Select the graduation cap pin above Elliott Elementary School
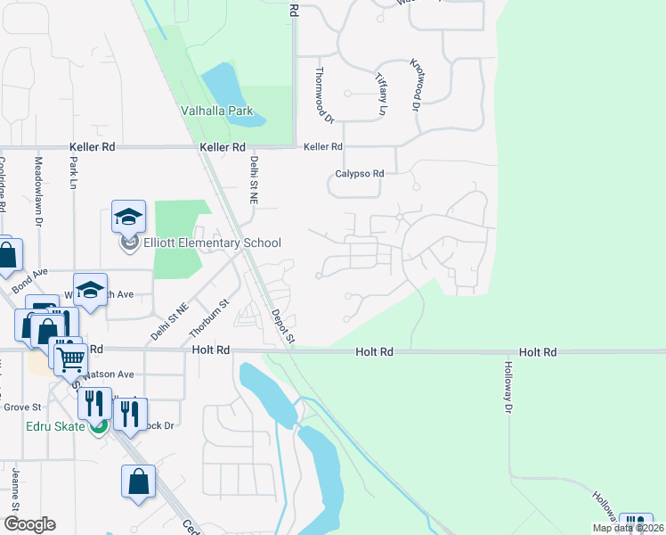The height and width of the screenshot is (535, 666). (x=128, y=217)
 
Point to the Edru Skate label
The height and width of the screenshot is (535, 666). (x=54, y=426)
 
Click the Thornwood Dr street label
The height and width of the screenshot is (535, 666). (x=322, y=94)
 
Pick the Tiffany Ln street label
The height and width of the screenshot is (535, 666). (x=382, y=95)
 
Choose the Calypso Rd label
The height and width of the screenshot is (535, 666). (x=359, y=173)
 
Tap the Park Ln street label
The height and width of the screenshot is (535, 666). (x=74, y=175)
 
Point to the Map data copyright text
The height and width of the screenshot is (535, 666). (x=626, y=528)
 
